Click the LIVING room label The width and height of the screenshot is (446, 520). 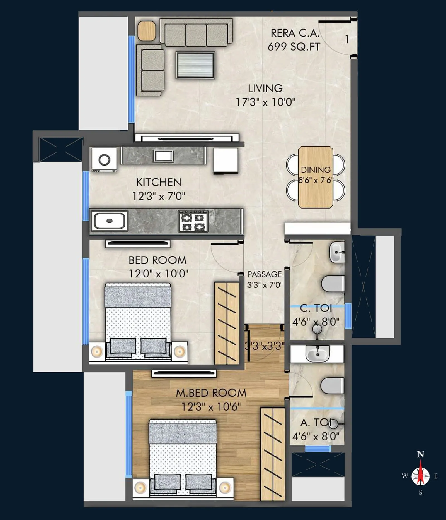point(265,88)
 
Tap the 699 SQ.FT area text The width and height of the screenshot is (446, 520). point(294,47)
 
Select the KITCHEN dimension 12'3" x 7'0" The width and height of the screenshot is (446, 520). point(158,196)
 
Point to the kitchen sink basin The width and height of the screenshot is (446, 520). point(109,221)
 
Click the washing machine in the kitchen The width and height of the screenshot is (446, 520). point(104,160)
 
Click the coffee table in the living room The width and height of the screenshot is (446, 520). point(195,65)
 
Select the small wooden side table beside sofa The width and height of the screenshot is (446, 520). point(147,31)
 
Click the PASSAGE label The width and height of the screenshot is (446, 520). point(265,274)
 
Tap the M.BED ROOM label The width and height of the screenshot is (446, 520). point(211,393)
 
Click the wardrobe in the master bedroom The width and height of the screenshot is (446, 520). point(273,454)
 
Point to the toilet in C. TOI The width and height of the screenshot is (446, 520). point(333,284)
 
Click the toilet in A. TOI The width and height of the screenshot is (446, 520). point(332,386)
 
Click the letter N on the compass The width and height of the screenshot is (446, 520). point(420,455)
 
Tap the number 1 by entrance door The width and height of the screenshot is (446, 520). point(347,39)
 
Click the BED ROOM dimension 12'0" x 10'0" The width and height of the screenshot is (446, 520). point(158,274)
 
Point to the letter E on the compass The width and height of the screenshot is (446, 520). point(436,476)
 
